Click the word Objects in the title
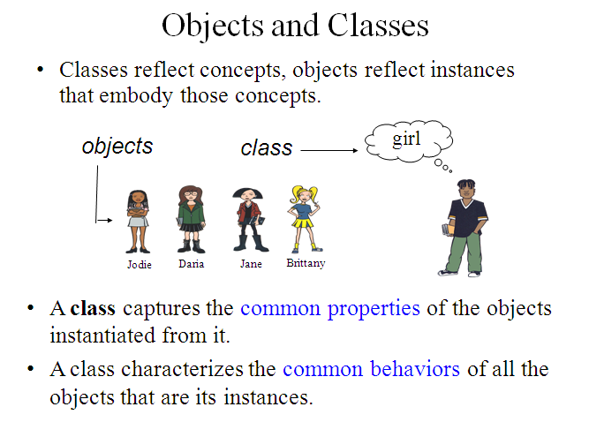click(x=213, y=26)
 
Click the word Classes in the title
click(x=378, y=26)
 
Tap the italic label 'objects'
click(x=117, y=147)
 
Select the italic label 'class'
click(x=267, y=147)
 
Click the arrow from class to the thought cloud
click(x=329, y=150)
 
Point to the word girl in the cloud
click(x=406, y=139)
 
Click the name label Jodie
click(x=140, y=265)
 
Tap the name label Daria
click(x=192, y=264)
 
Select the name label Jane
click(x=251, y=264)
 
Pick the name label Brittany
click(x=306, y=263)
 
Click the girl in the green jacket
click(x=192, y=219)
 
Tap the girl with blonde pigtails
click(x=305, y=219)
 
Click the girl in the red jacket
click(x=249, y=220)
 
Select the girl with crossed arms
click(x=138, y=222)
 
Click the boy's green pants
click(x=464, y=251)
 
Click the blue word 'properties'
click(x=374, y=309)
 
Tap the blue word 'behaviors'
click(x=415, y=369)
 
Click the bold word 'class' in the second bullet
click(x=93, y=309)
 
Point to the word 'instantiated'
click(x=102, y=335)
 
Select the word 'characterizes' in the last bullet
click(x=182, y=369)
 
